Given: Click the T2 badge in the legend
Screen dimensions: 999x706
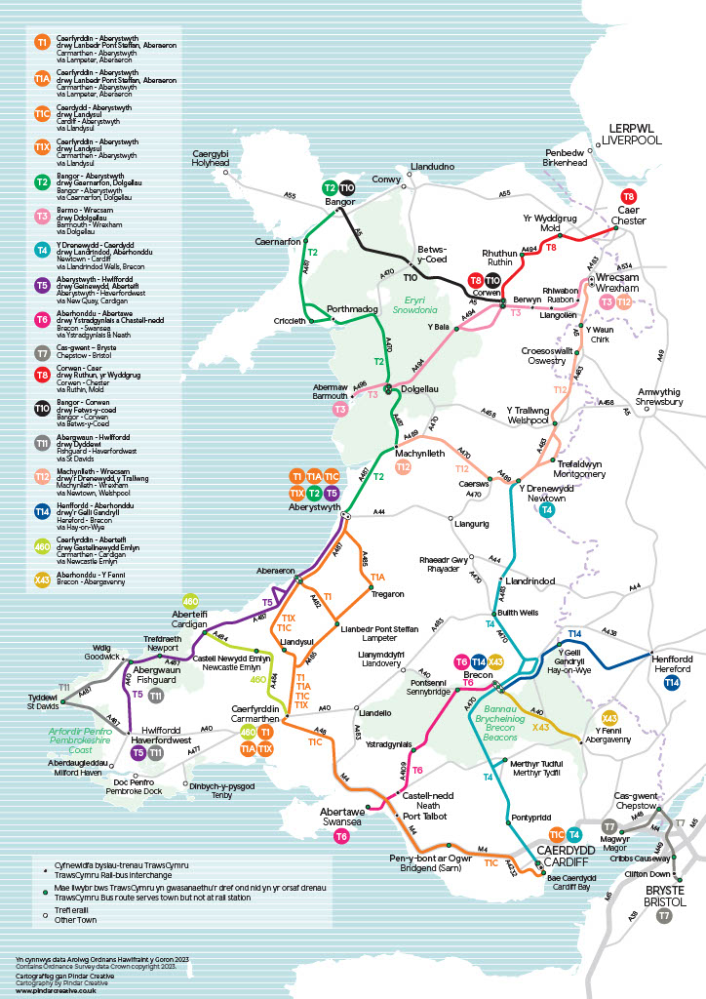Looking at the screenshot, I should point(42,181).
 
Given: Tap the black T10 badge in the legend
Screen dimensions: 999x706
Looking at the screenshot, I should point(42,410).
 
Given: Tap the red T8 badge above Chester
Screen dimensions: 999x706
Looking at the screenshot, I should point(629,197).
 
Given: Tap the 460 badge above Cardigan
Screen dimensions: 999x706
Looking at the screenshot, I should point(191,601).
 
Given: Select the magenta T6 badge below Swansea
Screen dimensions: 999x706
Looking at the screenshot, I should point(341,836).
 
